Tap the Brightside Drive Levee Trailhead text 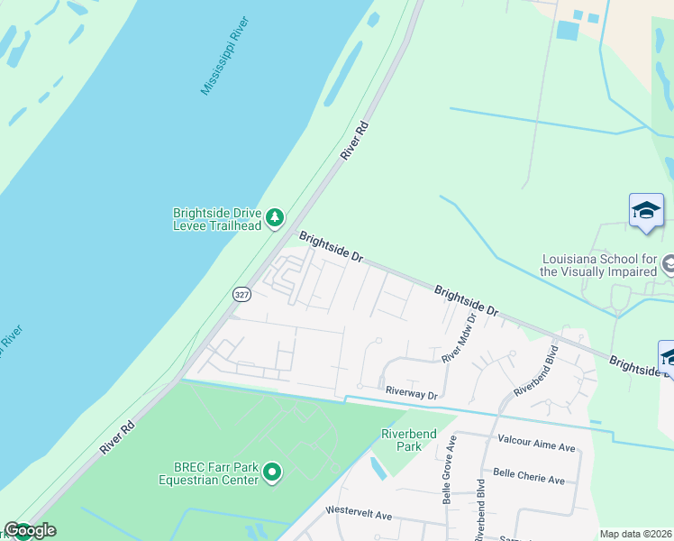point(217,219)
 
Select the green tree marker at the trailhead point(275,218)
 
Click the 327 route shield point(241,294)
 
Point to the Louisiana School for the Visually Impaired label point(598,265)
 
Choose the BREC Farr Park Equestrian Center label point(217,472)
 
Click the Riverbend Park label point(408,440)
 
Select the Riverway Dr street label point(411,393)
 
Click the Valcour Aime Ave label point(535,446)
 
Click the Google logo point(30,530)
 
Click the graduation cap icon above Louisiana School point(646,211)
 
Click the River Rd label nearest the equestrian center point(118,437)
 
